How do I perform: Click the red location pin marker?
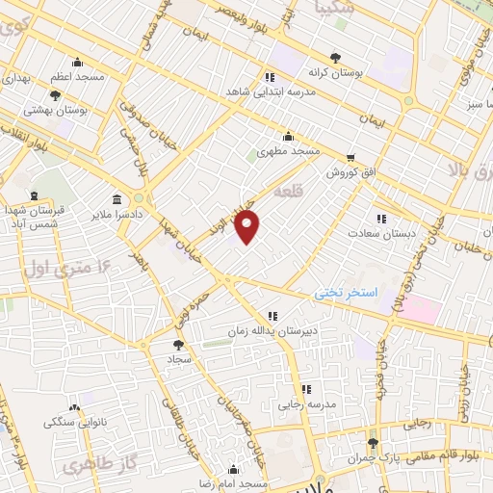(248, 228)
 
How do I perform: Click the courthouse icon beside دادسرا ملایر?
(117, 200)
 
